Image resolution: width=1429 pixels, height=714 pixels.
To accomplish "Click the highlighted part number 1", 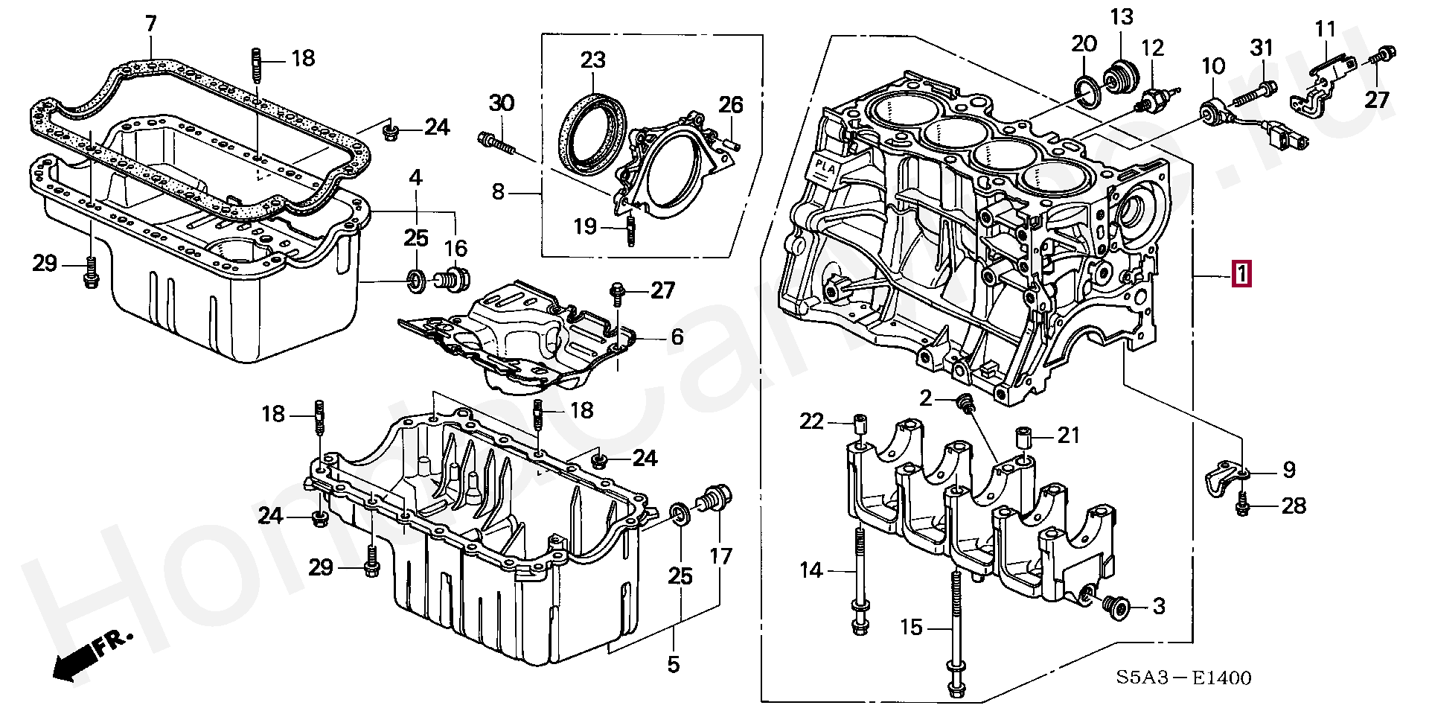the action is point(1241,275).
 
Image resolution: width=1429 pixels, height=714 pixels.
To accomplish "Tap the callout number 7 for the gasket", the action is point(151,24).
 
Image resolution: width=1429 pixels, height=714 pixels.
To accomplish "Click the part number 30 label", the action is point(502,103).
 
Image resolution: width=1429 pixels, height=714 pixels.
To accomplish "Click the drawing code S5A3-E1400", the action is point(1183,678).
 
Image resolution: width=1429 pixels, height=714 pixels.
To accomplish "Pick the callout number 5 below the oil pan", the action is point(673,663).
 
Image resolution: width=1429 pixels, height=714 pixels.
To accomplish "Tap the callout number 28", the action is point(1294,506).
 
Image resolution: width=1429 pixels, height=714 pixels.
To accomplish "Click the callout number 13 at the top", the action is point(1122,16).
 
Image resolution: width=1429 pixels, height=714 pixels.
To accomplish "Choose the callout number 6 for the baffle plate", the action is point(677,337).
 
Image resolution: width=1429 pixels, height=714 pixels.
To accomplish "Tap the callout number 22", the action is point(812,422).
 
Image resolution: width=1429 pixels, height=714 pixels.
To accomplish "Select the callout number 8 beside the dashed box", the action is point(498,193).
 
